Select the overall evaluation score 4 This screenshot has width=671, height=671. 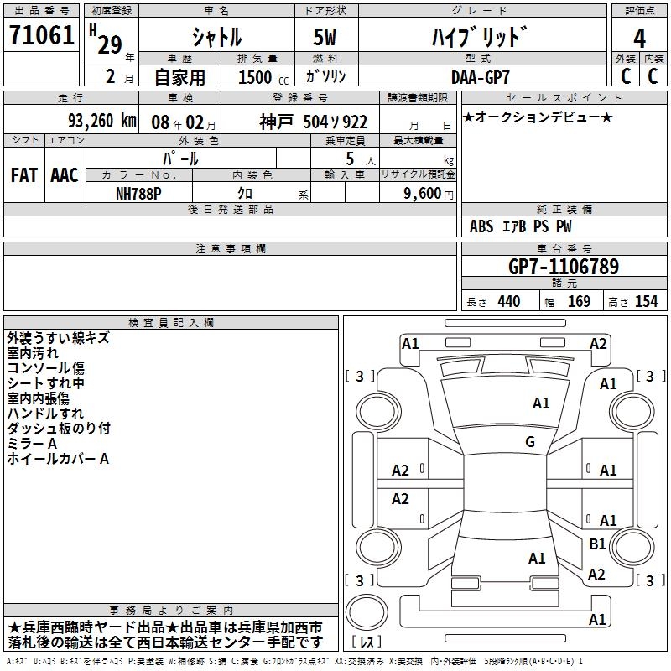click(640, 38)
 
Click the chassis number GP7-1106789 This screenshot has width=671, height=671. click(564, 268)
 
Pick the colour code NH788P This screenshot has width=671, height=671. click(140, 192)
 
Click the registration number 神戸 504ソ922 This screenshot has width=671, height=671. click(313, 122)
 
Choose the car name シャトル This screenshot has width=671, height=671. click(216, 38)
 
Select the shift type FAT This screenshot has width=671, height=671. click(24, 175)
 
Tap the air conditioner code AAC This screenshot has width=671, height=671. click(65, 175)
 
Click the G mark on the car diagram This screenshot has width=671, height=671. click(530, 442)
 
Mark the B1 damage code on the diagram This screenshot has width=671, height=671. click(597, 544)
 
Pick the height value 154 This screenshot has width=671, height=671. click(646, 302)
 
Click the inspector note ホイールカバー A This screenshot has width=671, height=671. click(59, 459)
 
